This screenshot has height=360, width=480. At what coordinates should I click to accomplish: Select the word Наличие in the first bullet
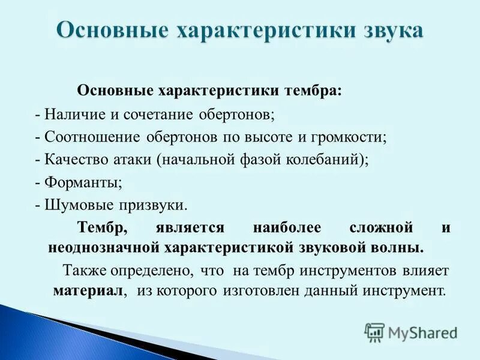coord(72,113)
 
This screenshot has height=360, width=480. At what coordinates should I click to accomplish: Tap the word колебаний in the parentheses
coord(328,159)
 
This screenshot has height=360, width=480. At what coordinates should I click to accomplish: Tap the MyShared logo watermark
coord(412,332)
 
